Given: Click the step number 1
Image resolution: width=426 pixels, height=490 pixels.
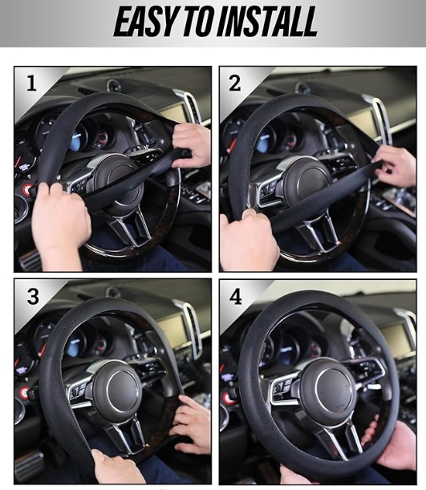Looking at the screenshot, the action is tap(31, 83).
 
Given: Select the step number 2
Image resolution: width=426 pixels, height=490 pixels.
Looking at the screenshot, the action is tap(235, 83).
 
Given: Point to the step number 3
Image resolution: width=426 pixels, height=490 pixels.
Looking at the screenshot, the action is tap(33, 296).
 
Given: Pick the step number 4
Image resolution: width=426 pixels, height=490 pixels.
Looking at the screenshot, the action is tap(236, 297).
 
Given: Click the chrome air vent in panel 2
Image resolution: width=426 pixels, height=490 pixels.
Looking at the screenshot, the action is tap(379, 118).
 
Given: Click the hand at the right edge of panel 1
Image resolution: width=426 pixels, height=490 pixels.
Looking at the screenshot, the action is tap(191, 144).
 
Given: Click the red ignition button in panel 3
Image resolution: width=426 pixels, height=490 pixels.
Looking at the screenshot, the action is tap(24, 392).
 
